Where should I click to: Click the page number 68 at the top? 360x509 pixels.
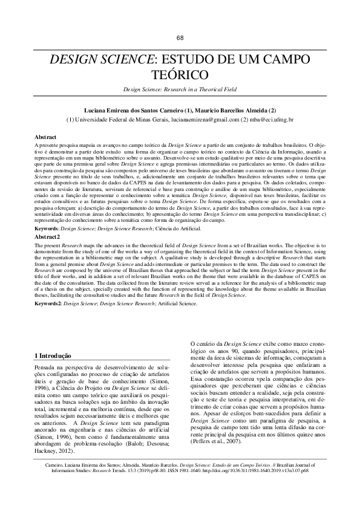point(180,37)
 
